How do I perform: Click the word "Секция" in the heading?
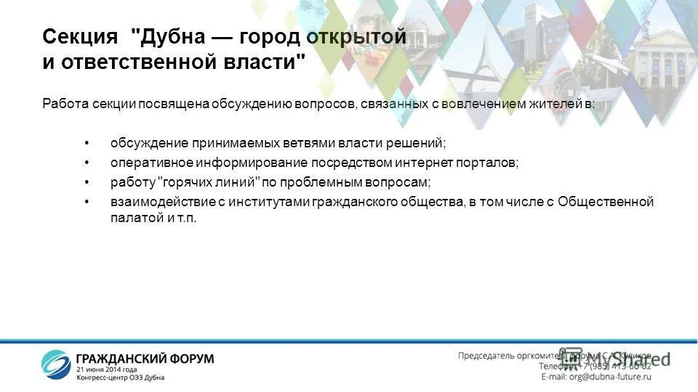(80, 37)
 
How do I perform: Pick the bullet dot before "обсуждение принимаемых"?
(87, 143)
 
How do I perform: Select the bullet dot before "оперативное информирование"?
(87, 163)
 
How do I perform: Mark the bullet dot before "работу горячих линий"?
(87, 182)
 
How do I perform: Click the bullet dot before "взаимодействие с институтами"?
(87, 202)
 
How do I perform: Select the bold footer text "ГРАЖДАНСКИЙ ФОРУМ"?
(145, 359)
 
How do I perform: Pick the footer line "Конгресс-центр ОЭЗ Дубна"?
(121, 377)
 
